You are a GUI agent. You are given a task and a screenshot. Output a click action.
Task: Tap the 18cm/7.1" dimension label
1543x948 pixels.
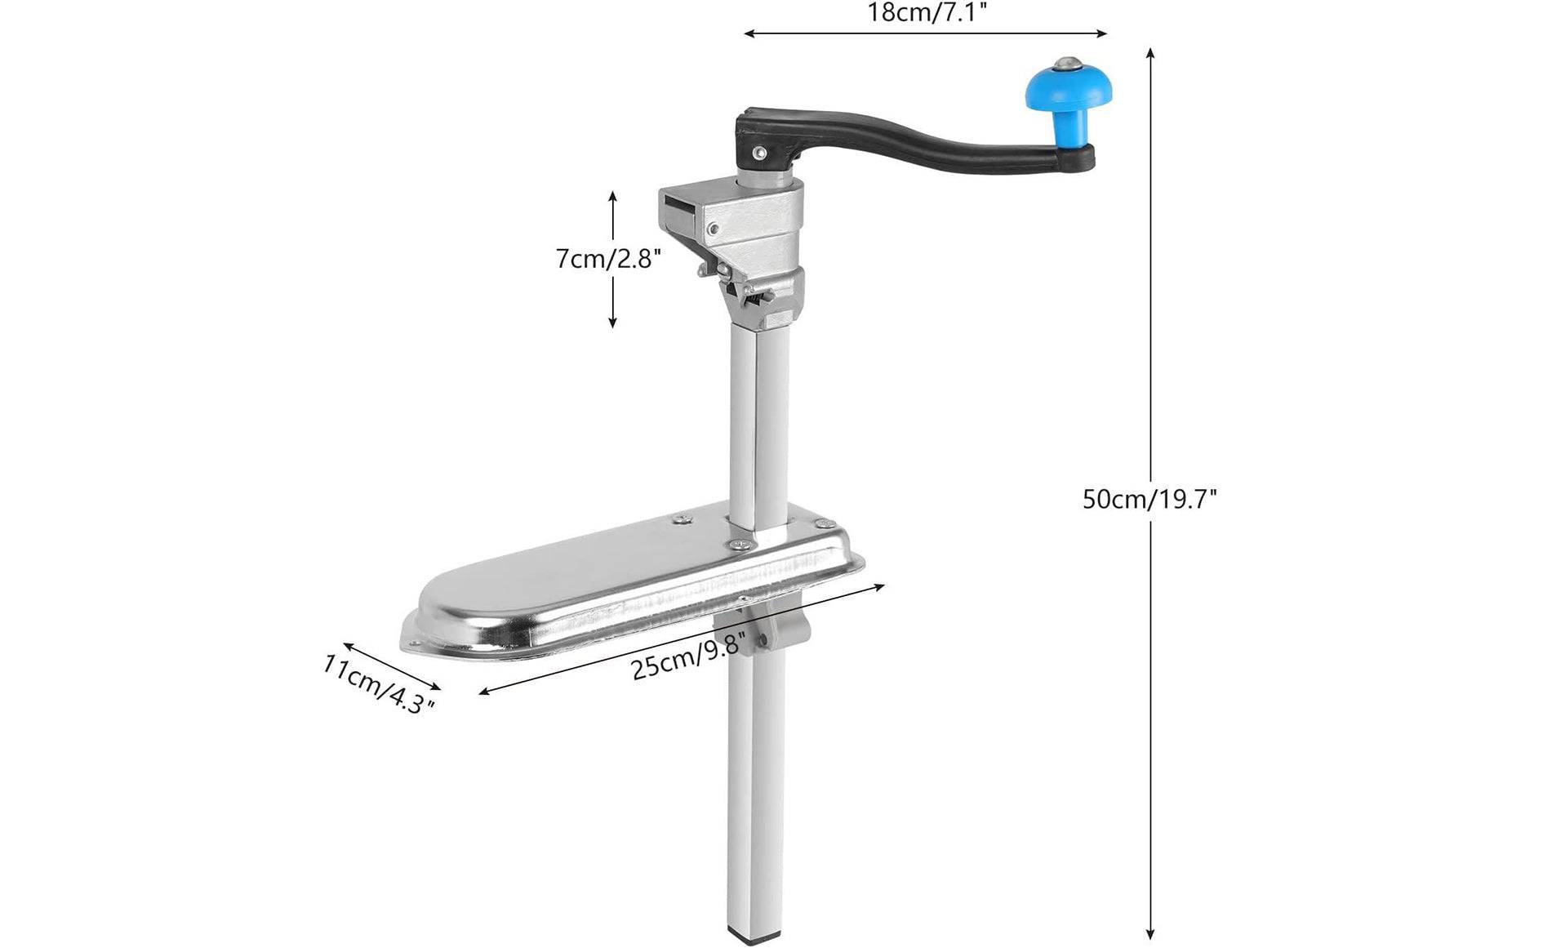(926, 11)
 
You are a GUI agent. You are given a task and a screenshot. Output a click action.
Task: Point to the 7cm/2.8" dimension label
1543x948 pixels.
(608, 259)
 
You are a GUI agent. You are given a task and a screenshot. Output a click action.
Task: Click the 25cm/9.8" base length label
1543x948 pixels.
(689, 656)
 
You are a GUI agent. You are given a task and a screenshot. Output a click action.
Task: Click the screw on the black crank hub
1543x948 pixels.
(760, 152)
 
